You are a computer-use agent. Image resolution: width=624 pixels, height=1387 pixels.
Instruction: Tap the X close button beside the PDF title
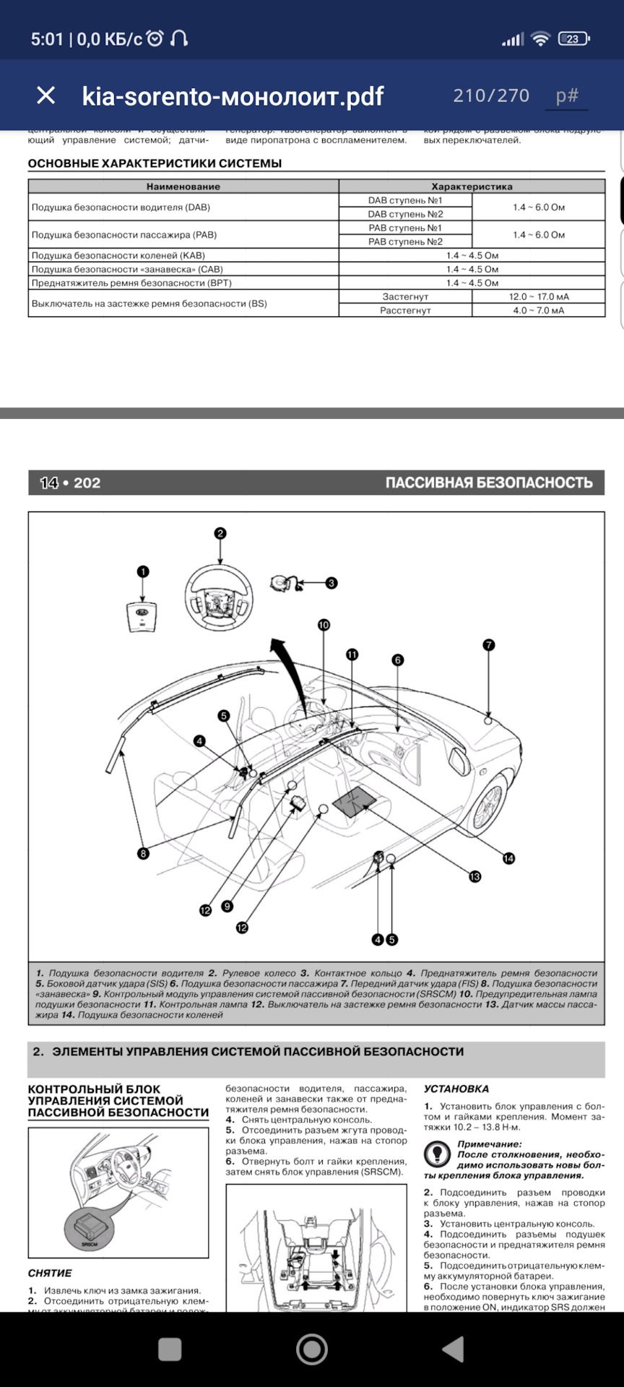click(45, 95)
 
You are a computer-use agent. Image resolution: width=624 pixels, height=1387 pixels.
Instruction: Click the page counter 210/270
click(491, 95)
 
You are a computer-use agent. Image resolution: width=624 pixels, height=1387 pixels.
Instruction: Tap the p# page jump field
click(567, 95)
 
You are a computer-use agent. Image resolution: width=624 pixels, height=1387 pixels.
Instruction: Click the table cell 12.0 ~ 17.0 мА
click(538, 297)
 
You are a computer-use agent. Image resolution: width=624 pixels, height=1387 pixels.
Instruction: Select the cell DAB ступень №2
click(405, 214)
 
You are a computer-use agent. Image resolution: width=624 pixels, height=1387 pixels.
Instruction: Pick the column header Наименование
click(183, 186)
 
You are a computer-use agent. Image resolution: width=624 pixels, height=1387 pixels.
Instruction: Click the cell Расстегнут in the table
click(405, 311)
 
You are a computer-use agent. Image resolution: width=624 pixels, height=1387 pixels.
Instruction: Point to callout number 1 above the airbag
click(143, 571)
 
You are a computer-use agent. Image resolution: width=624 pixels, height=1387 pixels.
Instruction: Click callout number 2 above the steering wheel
click(220, 533)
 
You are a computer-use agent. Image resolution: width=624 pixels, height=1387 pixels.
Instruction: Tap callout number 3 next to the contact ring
click(331, 583)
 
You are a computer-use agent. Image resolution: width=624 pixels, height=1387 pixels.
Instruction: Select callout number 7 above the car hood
click(489, 644)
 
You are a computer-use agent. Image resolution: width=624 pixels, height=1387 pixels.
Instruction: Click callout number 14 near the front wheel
click(509, 858)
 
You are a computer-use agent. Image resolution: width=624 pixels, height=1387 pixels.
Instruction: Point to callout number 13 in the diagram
click(474, 876)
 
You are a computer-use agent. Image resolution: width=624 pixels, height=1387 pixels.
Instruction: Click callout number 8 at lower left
click(143, 853)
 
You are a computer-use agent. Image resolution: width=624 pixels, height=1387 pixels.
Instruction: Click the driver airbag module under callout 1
click(142, 616)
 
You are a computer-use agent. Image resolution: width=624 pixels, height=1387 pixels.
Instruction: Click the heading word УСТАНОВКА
click(456, 1089)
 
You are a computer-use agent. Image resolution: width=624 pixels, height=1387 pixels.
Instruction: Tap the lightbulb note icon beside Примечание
click(437, 1154)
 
